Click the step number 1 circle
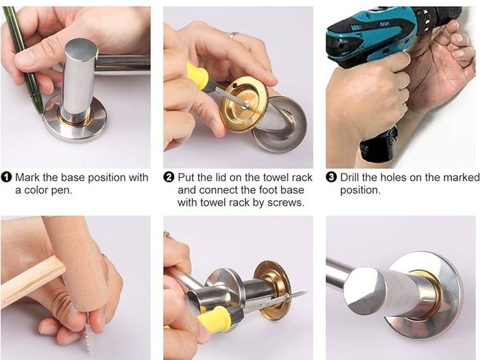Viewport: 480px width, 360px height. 6,178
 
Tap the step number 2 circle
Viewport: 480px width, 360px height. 169,178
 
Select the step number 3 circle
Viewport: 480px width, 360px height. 331,178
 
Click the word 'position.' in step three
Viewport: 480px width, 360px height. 360,191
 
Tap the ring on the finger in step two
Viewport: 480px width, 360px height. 234,34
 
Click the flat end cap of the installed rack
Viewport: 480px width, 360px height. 364,291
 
